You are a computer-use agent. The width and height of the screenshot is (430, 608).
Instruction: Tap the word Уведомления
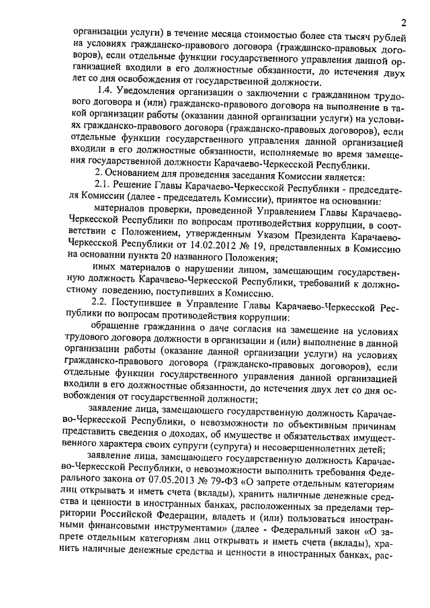click(x=148, y=91)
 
